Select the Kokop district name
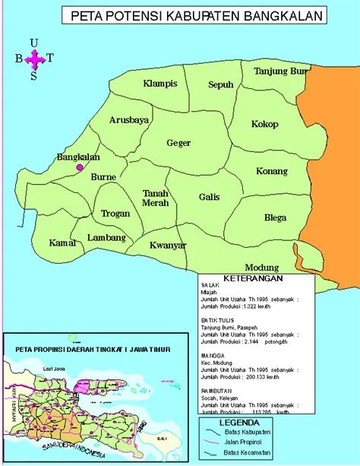pos(265,124)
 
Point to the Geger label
pos(178,142)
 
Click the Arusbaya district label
pos(129,120)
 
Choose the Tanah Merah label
pos(156,198)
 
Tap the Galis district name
pos(209,197)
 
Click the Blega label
pos(275,217)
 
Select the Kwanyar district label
pos(168,246)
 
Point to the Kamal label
pos(62,243)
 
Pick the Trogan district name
pos(115,214)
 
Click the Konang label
pos(272,171)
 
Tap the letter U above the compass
pos(33,43)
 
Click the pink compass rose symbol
pos(35,59)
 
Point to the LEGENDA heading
pos(240,422)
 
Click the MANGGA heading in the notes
pos(213,354)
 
